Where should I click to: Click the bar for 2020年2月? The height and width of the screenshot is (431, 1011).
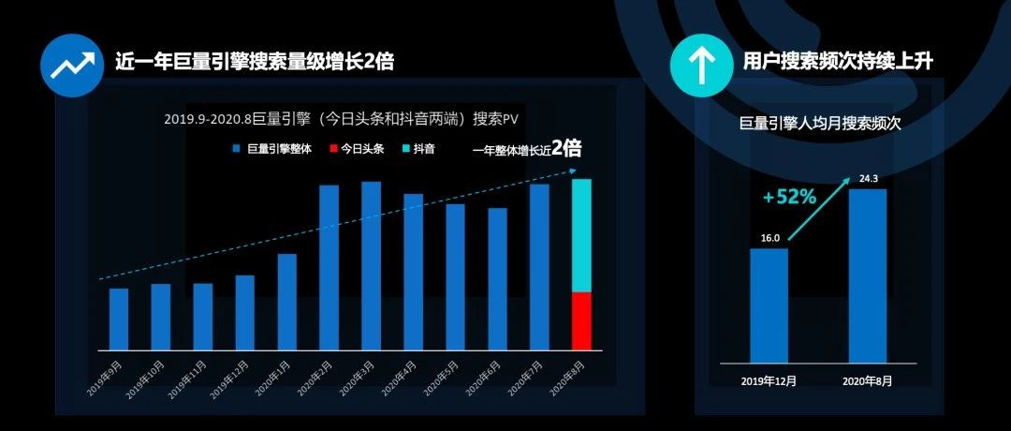point(329,267)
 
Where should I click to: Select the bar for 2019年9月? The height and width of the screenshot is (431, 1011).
point(118,319)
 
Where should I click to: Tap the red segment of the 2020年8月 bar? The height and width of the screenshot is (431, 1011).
point(581,320)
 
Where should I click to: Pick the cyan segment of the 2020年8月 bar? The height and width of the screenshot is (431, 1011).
point(581,235)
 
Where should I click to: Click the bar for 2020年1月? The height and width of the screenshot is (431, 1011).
point(286,302)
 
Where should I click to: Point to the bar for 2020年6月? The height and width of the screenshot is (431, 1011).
point(497,278)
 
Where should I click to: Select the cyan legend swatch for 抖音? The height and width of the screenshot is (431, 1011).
point(405,149)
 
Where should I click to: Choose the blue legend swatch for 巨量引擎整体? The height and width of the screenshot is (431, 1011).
point(237,149)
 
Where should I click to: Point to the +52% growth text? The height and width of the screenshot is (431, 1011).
point(789,198)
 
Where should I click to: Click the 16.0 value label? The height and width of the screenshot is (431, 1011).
point(769,239)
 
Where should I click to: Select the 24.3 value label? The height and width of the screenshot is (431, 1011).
point(867,179)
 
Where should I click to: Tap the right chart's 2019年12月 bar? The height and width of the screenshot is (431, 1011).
point(769,305)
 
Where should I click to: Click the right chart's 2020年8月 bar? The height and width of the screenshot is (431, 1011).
point(867,275)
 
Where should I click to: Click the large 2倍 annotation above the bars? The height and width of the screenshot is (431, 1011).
point(566,147)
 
